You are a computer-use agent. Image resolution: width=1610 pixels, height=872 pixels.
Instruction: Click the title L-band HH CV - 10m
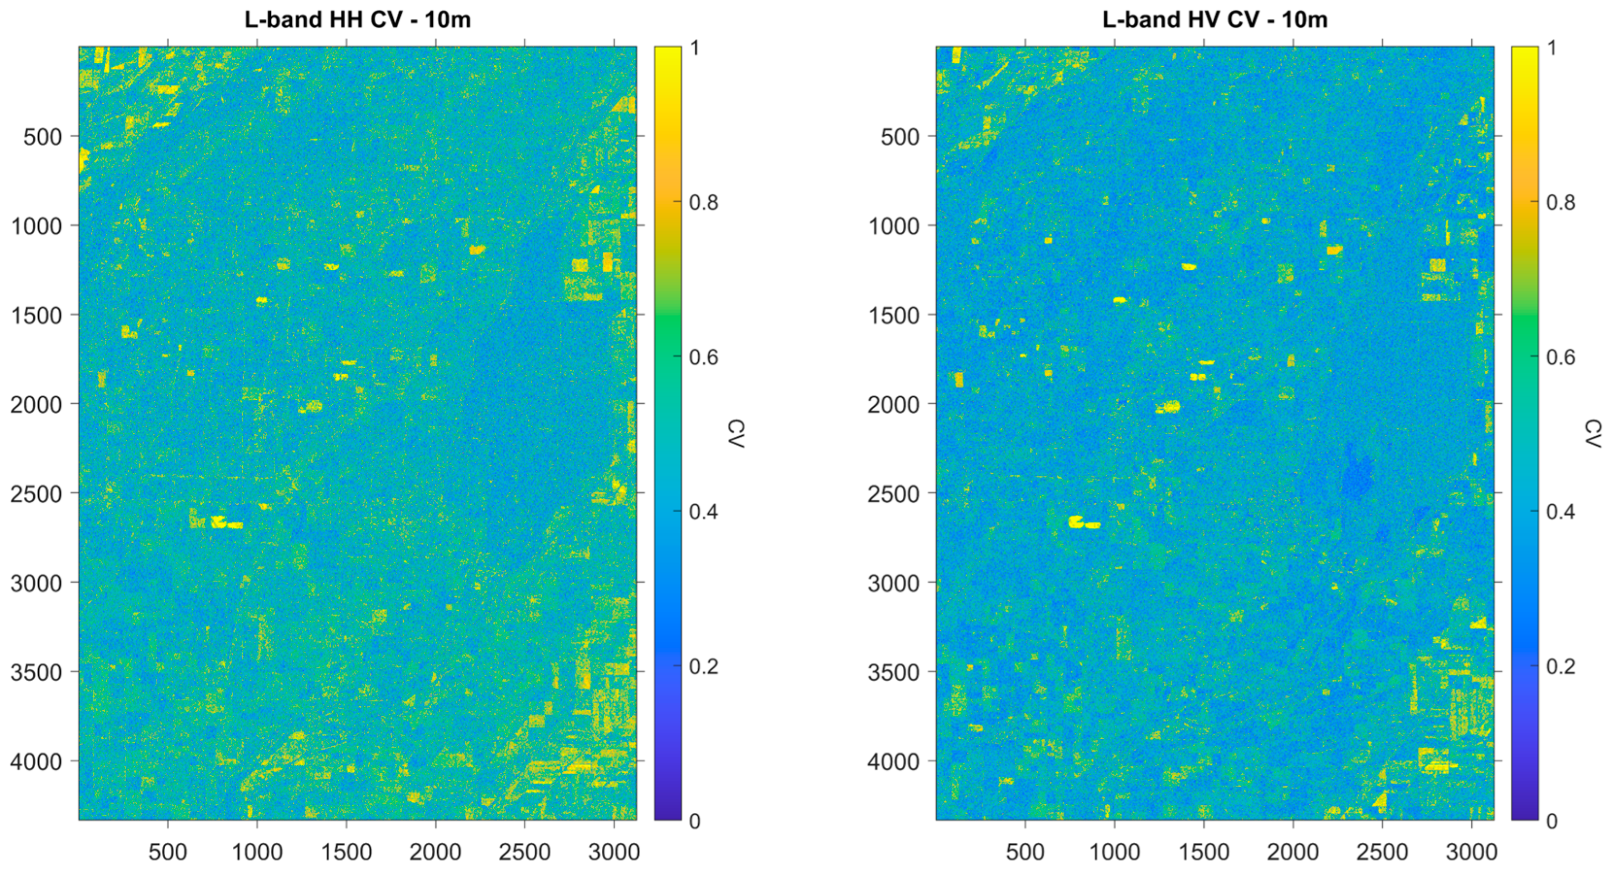[358, 19]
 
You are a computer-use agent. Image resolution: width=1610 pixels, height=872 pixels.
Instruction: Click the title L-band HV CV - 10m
[1215, 19]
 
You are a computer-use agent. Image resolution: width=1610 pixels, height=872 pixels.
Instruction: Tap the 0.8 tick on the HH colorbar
[703, 202]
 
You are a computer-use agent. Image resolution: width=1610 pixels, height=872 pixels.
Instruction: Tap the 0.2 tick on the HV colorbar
[1560, 666]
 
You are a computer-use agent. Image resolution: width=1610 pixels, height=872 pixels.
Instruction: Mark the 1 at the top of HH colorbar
[694, 48]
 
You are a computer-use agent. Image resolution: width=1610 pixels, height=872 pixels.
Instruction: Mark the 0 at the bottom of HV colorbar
[1551, 821]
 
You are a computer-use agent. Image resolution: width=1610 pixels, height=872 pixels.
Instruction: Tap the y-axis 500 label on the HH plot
[42, 137]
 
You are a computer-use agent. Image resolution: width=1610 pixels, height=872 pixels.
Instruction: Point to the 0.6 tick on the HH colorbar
[703, 357]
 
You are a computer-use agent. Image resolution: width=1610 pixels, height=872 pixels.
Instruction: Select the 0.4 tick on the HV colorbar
[1560, 512]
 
